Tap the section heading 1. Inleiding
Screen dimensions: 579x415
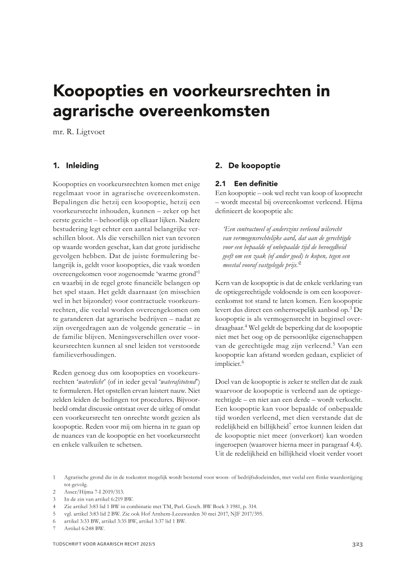click(x=75, y=165)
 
